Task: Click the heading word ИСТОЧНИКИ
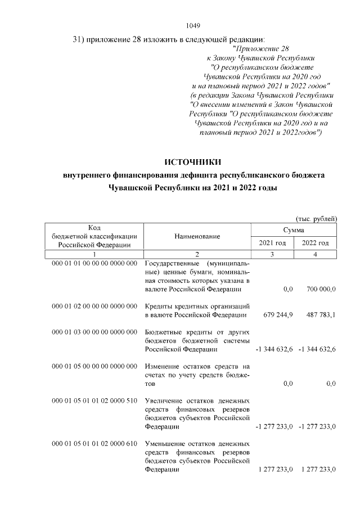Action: [193, 163]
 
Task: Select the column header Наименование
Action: [197, 237]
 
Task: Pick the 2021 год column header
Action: [273, 243]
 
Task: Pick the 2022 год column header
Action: [316, 243]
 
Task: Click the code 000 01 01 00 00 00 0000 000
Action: [94, 263]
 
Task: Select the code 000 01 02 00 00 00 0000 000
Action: [94, 306]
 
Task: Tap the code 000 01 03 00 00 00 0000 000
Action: [94, 332]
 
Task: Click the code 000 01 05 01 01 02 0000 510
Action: [94, 400]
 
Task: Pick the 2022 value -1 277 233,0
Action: [316, 427]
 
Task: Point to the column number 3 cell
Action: [273, 255]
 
